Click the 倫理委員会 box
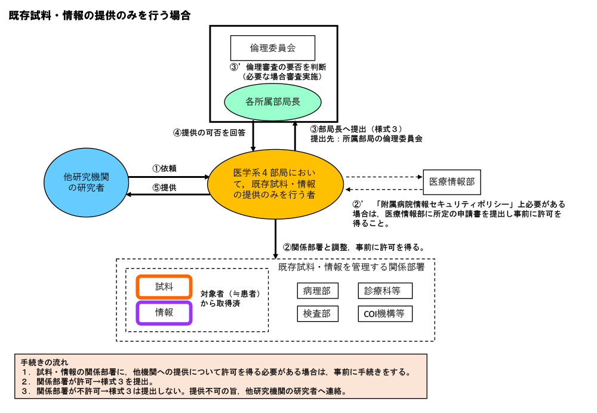point(272,47)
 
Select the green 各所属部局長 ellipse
point(272,101)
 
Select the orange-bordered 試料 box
point(164,287)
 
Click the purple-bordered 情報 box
point(164,313)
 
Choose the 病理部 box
point(317,291)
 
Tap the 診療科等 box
point(385,291)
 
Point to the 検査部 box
point(317,313)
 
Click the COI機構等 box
point(385,313)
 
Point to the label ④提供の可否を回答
point(210,133)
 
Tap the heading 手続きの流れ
point(44,362)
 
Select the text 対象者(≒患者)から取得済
point(230,299)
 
